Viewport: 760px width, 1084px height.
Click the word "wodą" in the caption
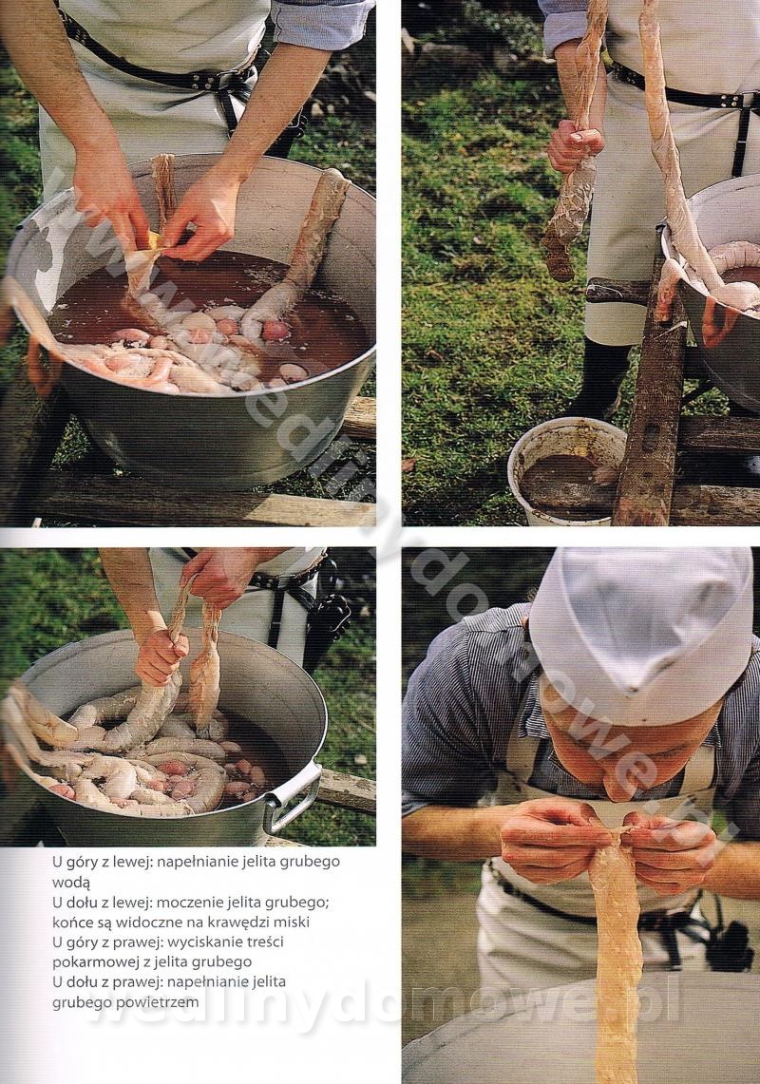click(71, 883)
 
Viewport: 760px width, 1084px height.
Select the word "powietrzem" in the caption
click(161, 1002)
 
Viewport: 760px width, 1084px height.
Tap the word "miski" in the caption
click(292, 922)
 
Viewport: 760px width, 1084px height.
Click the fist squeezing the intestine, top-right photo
click(575, 146)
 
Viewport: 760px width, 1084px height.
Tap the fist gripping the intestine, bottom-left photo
click(161, 654)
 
